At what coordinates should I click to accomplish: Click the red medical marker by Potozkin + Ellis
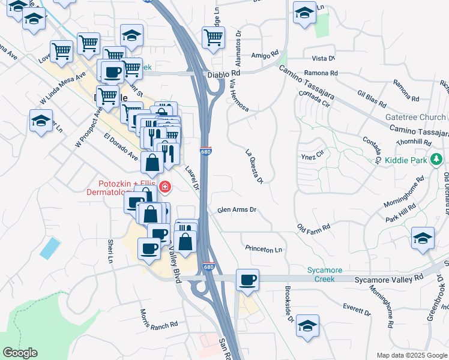pos(164,187)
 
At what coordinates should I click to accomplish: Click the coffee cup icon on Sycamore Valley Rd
pos(247,279)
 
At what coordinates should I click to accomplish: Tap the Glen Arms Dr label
pos(237,210)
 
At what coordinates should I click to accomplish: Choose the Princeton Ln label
pos(264,249)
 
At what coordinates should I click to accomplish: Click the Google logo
pos(20,353)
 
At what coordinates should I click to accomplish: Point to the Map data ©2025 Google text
pos(411,355)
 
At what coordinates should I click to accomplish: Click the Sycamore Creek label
pos(325,275)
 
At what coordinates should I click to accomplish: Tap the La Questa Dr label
pos(255,166)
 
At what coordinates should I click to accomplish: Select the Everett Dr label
pos(357,310)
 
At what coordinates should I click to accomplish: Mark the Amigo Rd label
pos(266,55)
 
